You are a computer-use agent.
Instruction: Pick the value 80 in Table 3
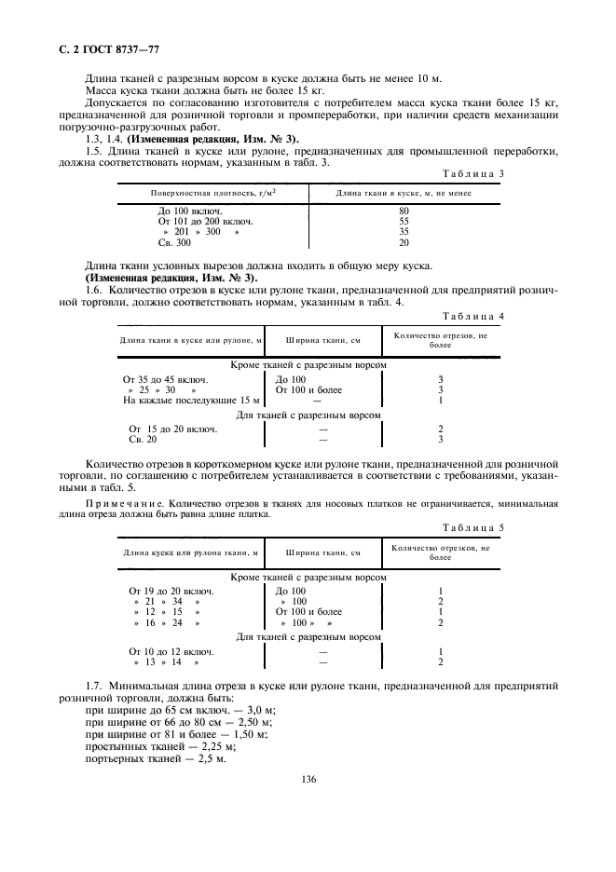click(x=403, y=211)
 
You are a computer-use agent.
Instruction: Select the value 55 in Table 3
click(x=403, y=222)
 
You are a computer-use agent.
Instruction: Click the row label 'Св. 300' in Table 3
click(x=174, y=242)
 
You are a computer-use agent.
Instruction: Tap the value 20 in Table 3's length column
click(x=403, y=242)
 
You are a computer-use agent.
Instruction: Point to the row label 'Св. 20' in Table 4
click(x=143, y=439)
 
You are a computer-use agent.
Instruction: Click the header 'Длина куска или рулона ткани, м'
click(x=190, y=554)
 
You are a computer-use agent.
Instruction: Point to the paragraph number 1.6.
click(x=93, y=291)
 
